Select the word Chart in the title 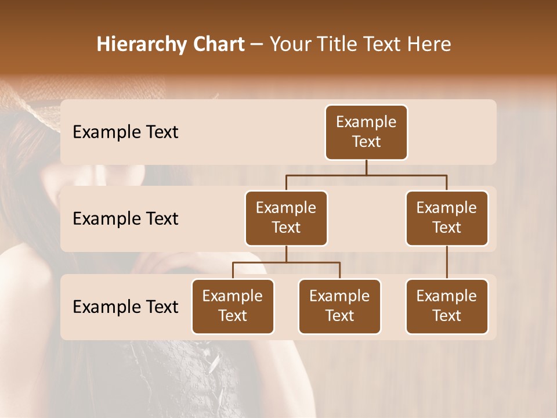(x=216, y=45)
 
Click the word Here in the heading (x=429, y=45)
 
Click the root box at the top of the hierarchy (x=366, y=132)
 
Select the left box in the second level (x=286, y=218)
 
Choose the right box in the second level (x=447, y=218)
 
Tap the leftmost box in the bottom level (x=233, y=307)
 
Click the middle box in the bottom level (x=339, y=307)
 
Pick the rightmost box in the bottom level (x=447, y=307)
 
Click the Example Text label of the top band (x=125, y=132)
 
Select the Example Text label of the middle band (x=125, y=219)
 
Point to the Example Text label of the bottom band (x=125, y=307)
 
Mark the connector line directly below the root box (x=366, y=167)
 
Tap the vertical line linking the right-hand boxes (x=447, y=262)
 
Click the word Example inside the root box (x=366, y=122)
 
